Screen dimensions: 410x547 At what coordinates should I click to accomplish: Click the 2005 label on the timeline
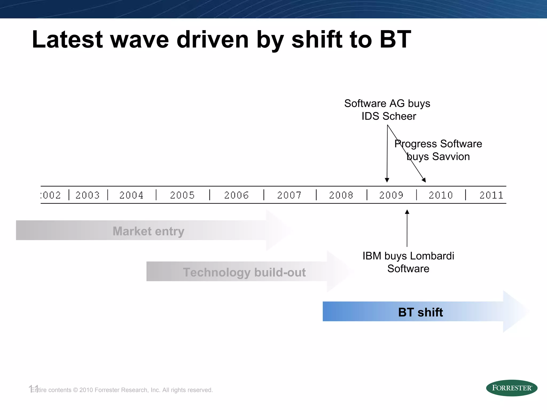pos(182,195)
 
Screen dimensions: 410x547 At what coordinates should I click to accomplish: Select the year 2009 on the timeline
pos(391,195)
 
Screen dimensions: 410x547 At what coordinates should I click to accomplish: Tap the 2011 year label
pos(491,195)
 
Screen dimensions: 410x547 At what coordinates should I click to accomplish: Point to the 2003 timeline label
pos(88,195)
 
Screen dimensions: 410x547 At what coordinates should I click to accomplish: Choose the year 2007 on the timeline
pos(289,195)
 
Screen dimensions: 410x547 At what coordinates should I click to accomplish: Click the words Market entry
pos(149,231)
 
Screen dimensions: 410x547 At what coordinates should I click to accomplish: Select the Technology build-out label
pos(244,272)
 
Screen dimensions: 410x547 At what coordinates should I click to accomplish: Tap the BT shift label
pos(420,312)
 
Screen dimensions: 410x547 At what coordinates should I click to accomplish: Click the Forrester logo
pos(511,388)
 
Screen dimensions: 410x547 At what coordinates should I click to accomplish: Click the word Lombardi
pos(432,256)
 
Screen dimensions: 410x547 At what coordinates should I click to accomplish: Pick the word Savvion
pos(451,157)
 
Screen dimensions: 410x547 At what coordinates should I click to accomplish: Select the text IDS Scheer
pos(389,116)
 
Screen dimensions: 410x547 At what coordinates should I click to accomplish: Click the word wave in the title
pos(139,40)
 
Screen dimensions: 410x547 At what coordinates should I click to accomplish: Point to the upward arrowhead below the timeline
pos(407,212)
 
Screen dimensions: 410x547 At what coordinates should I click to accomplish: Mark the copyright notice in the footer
pos(122,390)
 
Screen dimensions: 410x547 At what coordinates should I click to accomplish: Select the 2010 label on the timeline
pos(441,195)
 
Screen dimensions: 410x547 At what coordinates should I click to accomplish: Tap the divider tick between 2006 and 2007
pos(264,195)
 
